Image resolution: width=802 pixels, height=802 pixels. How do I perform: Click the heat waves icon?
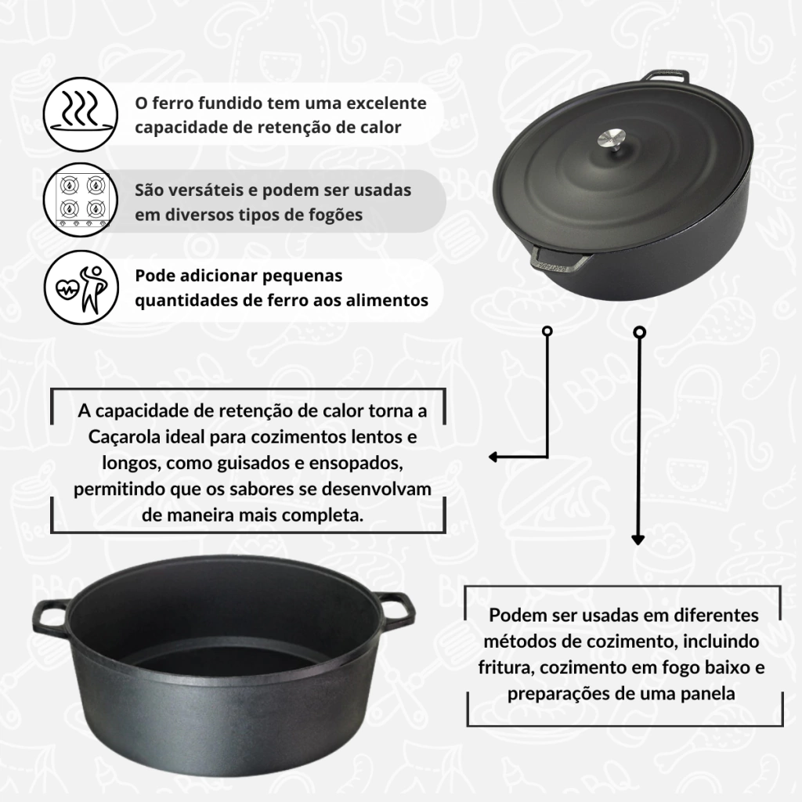(81, 114)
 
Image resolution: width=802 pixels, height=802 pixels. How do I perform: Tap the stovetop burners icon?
(81, 200)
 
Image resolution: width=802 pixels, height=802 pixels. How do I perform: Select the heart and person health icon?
(81, 287)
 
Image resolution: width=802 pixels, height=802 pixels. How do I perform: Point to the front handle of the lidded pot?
(558, 258)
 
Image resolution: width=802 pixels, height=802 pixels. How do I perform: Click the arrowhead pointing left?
(493, 457)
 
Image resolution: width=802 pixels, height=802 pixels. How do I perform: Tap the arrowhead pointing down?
(638, 539)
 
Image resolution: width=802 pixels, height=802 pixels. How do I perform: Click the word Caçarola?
(124, 437)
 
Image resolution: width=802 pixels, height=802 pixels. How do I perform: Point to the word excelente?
(386, 103)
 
